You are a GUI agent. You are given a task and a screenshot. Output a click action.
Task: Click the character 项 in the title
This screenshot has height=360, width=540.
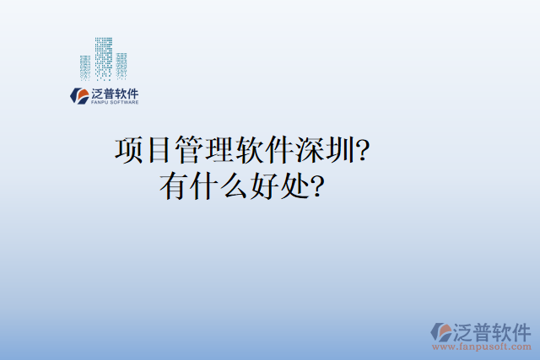[129, 151]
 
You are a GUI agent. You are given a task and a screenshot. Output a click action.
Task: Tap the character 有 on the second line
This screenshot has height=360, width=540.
[175, 186]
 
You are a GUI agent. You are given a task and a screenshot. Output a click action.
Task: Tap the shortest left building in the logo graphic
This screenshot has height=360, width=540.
[84, 68]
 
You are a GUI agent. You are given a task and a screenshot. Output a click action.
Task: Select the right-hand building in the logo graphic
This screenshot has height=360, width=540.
[121, 67]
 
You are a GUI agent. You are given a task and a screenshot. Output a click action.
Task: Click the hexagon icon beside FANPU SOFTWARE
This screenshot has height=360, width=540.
[79, 96]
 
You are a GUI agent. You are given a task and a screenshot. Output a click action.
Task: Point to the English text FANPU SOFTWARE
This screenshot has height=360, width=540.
[114, 103]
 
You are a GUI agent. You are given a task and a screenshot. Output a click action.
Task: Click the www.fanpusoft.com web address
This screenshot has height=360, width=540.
[482, 346]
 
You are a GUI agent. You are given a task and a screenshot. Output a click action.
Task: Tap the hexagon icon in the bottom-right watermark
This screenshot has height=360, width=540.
[440, 332]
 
